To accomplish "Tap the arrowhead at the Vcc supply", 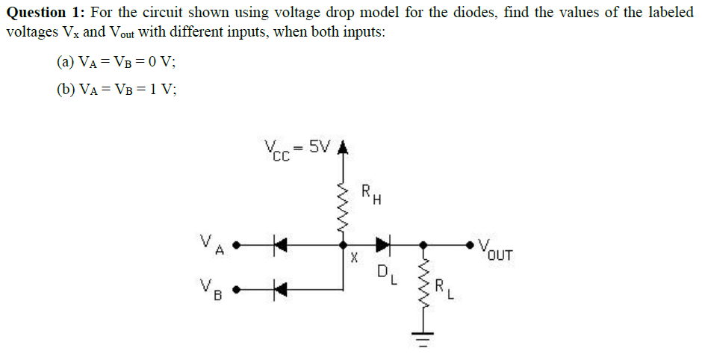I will point(343,149).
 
